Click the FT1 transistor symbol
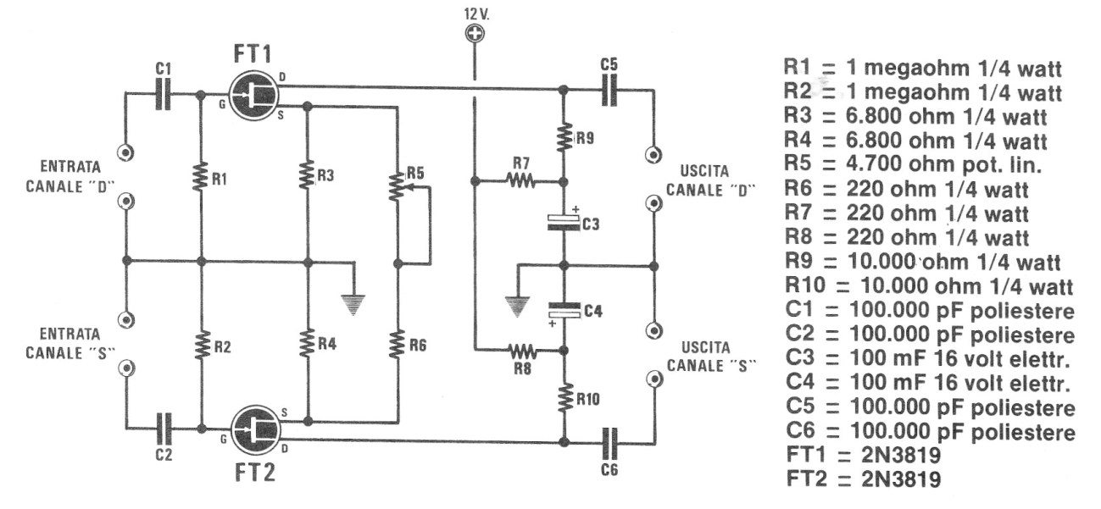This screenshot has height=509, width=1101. [x=253, y=96]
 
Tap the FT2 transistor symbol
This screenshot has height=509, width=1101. [x=255, y=430]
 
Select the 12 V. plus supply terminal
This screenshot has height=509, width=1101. [x=475, y=34]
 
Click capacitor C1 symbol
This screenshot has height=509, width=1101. [x=164, y=93]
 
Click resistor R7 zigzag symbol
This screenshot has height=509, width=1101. [x=521, y=182]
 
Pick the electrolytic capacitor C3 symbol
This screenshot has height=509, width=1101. [x=564, y=223]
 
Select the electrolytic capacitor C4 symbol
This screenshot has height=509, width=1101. [x=564, y=312]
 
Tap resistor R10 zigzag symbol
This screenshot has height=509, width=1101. [x=564, y=398]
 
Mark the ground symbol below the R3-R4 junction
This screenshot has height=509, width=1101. [x=353, y=305]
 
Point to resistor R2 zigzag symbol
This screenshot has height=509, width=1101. [x=202, y=346]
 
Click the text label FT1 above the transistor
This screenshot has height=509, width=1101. [x=252, y=53]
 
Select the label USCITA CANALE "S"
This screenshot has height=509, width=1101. [x=711, y=357]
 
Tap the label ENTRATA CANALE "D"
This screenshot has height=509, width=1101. [x=70, y=177]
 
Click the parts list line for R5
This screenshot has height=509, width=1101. [x=913, y=164]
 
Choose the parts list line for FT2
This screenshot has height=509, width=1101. [x=864, y=479]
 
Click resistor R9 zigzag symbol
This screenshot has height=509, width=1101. [x=564, y=136]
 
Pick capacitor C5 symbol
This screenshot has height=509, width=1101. [x=609, y=91]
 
